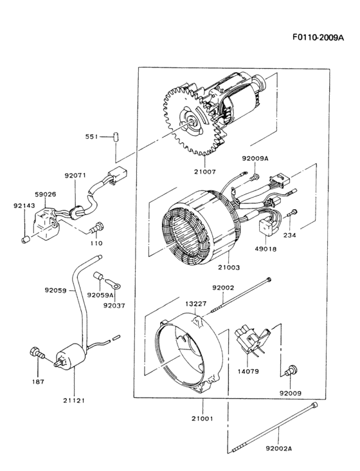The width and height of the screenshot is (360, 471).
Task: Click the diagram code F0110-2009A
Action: [x=319, y=37]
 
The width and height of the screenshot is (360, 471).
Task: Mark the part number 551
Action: [x=93, y=136]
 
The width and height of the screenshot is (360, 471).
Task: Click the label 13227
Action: [x=197, y=304]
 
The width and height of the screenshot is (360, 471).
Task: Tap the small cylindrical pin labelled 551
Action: [x=116, y=136]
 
